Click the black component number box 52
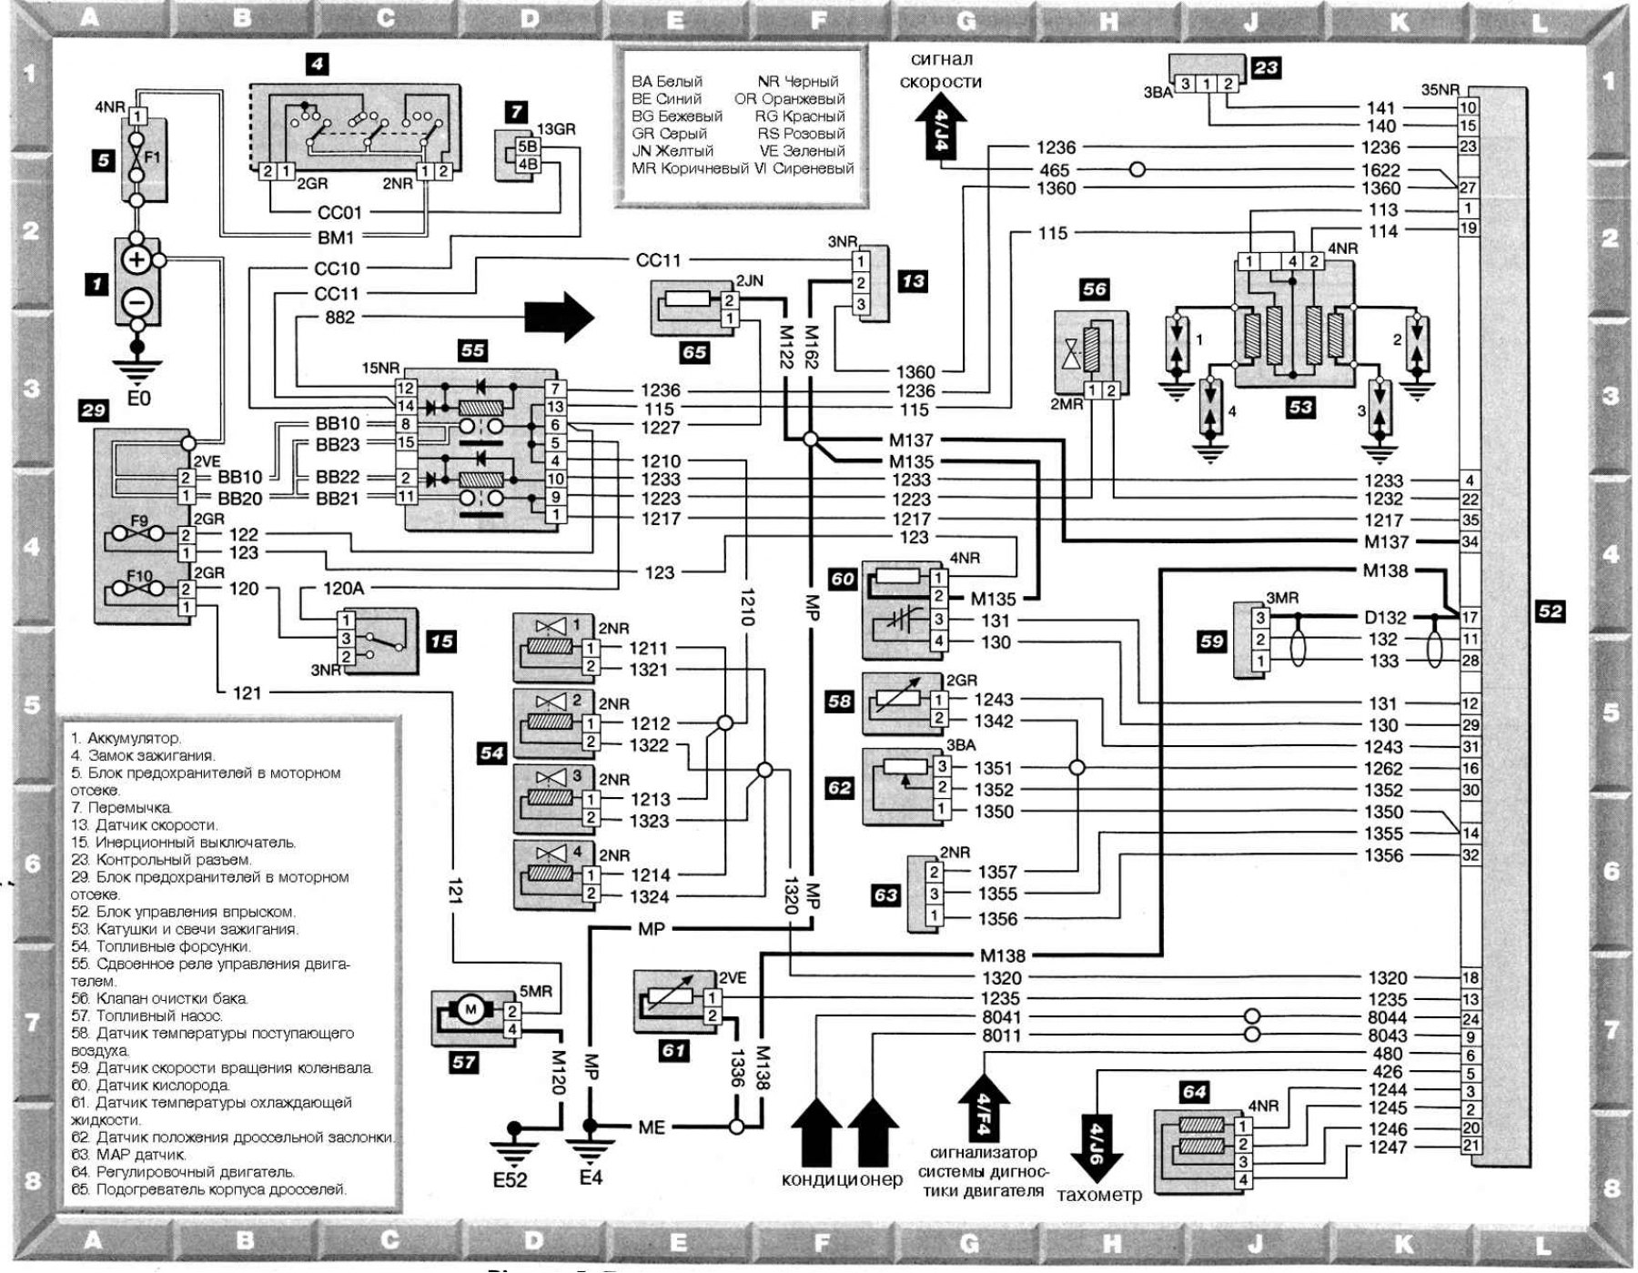click(x=1550, y=612)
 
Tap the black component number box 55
click(x=472, y=350)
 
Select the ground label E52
click(x=509, y=1181)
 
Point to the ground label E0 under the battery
click(x=138, y=399)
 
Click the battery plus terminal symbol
click(x=136, y=260)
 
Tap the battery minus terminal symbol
click(x=136, y=299)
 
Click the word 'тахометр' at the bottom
click(x=1099, y=1196)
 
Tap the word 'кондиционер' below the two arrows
click(x=842, y=1180)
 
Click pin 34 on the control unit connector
click(x=1470, y=542)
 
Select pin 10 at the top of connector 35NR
click(x=1469, y=107)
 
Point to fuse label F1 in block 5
click(x=152, y=157)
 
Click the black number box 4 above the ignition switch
click(x=316, y=65)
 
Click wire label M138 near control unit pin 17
click(x=1385, y=571)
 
